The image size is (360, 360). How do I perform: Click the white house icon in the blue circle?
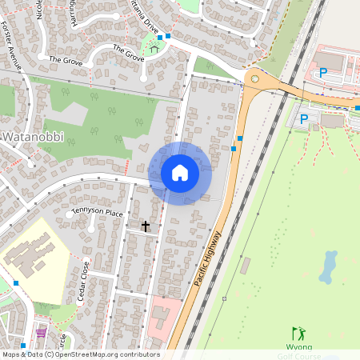pyautogui.click(x=179, y=173)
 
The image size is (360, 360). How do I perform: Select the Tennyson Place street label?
pyautogui.click(x=97, y=213)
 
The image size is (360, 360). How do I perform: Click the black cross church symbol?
pyautogui.click(x=146, y=226)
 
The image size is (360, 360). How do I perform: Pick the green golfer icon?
pyautogui.click(x=298, y=333)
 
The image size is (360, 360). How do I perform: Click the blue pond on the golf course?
pyautogui.click(x=329, y=266)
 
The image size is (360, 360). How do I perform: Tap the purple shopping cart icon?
pyautogui.click(x=41, y=333)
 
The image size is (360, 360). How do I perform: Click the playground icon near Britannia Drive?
pyautogui.click(x=154, y=49)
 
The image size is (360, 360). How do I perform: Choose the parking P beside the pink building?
pyautogui.click(x=323, y=73)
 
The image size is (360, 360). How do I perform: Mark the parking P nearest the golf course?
pyautogui.click(x=303, y=119)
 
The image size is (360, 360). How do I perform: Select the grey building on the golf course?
pyautogui.click(x=245, y=266)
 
